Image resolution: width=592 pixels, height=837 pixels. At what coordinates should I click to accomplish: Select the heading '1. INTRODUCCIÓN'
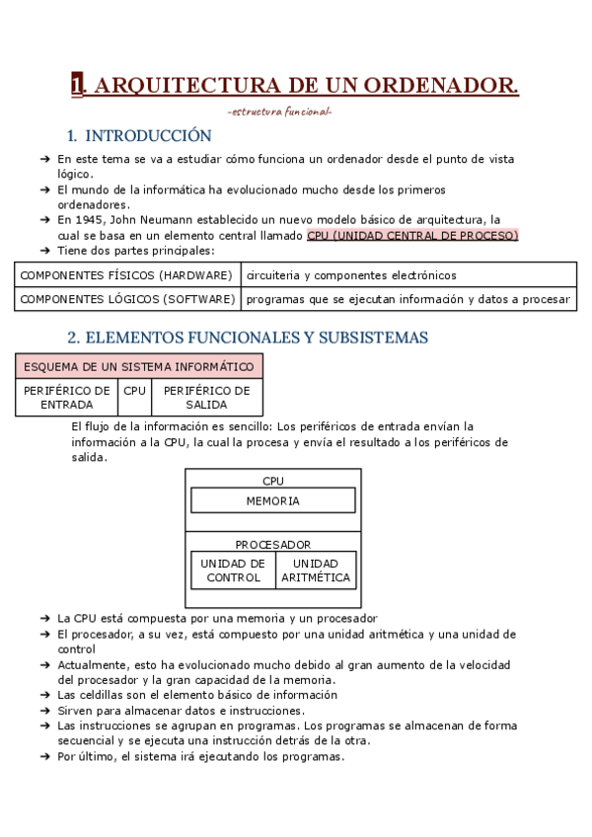coord(139,135)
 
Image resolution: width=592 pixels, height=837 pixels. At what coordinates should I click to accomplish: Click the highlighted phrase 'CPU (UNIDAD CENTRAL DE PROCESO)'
coord(411,236)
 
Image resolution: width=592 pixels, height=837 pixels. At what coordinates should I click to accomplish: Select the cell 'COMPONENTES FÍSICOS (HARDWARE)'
coord(126,274)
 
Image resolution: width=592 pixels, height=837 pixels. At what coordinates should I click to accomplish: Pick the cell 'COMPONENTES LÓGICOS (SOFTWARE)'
coord(127,298)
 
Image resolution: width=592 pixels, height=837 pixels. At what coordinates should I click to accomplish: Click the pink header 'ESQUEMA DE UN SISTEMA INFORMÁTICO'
coord(138,367)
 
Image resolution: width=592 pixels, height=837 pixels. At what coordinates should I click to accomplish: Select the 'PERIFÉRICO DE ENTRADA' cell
coord(67,397)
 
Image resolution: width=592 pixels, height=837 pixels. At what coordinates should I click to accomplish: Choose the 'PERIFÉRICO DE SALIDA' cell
coord(206,397)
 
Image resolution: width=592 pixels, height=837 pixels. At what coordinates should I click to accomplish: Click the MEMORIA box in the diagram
coord(272,500)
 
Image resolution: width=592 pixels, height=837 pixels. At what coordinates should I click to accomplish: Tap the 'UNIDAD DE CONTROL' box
coord(233,571)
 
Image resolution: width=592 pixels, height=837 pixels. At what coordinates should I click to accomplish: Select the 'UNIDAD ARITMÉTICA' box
coord(316,571)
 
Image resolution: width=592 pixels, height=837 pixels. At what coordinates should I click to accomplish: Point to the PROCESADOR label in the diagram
coord(272,544)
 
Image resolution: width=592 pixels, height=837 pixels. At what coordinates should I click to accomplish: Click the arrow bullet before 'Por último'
coord(45,757)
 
